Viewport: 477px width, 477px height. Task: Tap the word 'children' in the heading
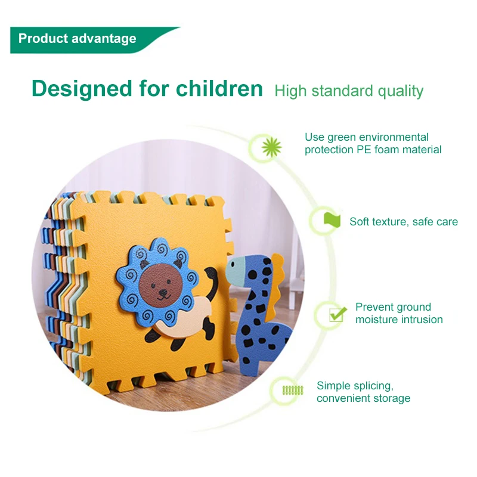(x=219, y=89)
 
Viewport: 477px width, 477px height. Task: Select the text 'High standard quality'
(x=349, y=91)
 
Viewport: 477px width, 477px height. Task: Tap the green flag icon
(x=331, y=220)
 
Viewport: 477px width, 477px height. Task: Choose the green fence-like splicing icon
(x=292, y=391)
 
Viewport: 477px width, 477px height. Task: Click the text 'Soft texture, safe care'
(x=404, y=222)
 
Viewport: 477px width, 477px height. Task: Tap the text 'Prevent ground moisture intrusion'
(x=399, y=314)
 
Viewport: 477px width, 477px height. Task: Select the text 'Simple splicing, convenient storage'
(x=363, y=392)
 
